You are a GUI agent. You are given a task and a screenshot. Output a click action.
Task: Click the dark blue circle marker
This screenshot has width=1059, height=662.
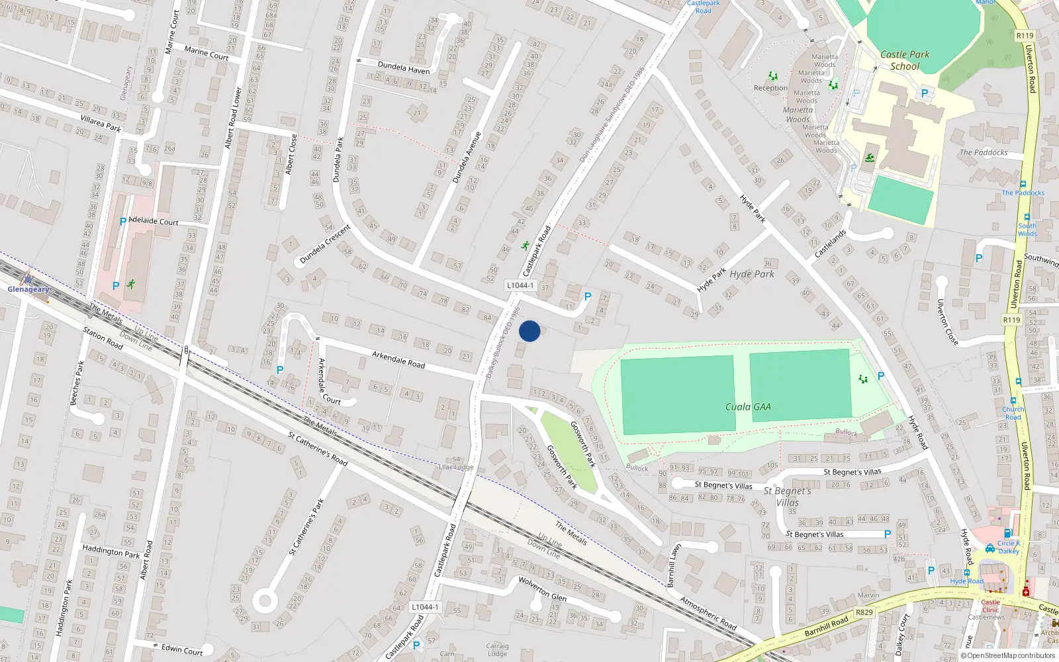[529, 331]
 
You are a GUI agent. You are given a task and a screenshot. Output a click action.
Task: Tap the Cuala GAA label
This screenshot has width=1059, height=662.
[748, 406]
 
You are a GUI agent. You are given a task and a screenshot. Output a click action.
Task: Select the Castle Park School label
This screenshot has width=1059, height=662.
[905, 60]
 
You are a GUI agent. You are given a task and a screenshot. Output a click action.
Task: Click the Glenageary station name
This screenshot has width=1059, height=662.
[28, 289]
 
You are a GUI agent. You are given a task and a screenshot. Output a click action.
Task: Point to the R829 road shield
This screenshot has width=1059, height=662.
[864, 612]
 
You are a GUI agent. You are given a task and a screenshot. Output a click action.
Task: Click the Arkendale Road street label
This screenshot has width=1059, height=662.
[398, 359]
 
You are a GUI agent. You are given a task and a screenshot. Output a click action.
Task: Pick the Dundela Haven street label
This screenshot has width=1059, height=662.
[404, 68]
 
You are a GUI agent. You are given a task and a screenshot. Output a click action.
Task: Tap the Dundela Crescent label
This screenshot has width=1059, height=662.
[325, 244]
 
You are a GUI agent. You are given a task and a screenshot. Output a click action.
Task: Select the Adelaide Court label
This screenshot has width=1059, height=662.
[154, 220]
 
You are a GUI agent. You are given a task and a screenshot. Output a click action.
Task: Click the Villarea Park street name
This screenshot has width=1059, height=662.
[101, 123]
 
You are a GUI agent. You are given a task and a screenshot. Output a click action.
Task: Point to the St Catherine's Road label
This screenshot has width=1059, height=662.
[318, 448]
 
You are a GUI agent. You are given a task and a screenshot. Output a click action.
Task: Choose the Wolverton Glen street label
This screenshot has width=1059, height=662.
[542, 588]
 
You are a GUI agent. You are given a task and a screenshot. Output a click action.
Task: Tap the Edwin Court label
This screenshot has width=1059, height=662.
[182, 649]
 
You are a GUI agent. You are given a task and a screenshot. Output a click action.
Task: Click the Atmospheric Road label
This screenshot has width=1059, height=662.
[708, 614]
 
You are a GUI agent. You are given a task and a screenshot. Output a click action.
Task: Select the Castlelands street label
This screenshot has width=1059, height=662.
[831, 244]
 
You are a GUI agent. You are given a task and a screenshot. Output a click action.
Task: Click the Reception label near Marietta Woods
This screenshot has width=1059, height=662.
[770, 88]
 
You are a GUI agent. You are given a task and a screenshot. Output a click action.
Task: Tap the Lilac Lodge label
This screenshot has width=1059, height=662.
[456, 467]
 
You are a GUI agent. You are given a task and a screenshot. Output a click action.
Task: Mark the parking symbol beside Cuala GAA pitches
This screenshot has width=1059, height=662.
[881, 376]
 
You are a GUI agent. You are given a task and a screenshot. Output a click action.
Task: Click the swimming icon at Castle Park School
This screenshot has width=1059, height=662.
[869, 158]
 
